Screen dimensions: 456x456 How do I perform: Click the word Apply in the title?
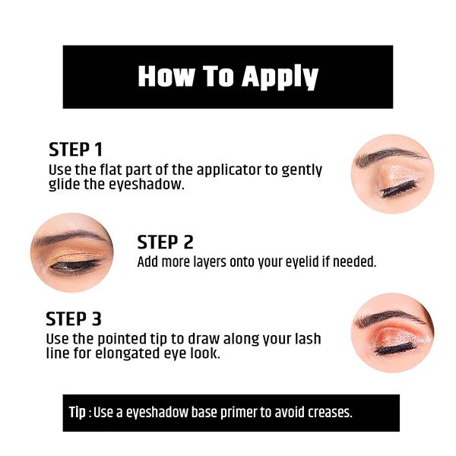pyautogui.click(x=280, y=77)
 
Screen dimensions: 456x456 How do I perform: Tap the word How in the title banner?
pyautogui.click(x=166, y=76)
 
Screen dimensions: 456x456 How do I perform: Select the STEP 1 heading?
pyautogui.click(x=75, y=150)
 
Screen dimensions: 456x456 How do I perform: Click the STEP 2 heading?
pyautogui.click(x=165, y=242)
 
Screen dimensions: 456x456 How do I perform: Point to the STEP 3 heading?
pyautogui.click(x=74, y=318)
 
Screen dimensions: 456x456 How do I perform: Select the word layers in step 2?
pyautogui.click(x=210, y=262)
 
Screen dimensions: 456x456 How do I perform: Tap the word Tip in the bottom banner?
pyautogui.click(x=78, y=413)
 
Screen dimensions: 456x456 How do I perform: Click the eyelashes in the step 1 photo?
pyautogui.click(x=397, y=188)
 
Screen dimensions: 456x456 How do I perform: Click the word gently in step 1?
pyautogui.click(x=302, y=170)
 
